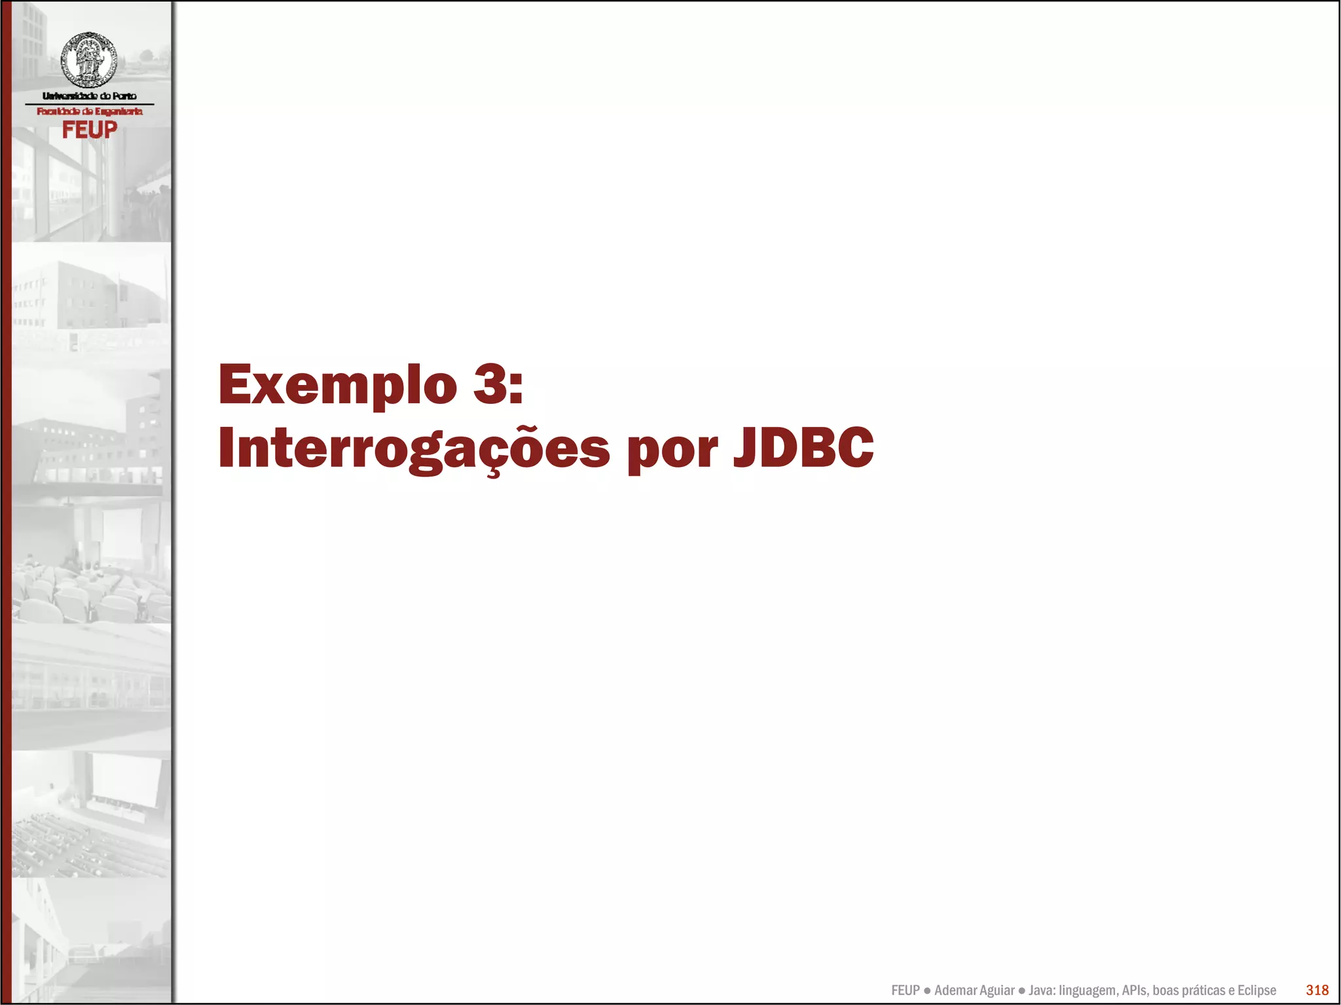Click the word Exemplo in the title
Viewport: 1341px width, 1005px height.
pyautogui.click(x=337, y=384)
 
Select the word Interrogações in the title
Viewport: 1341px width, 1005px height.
pyautogui.click(x=414, y=448)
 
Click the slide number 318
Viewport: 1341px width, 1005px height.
pyautogui.click(x=1317, y=990)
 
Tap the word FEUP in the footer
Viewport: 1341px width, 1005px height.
pyautogui.click(x=905, y=991)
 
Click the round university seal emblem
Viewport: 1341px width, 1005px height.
pyautogui.click(x=88, y=60)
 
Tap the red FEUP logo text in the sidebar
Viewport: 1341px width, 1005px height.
pyautogui.click(x=89, y=130)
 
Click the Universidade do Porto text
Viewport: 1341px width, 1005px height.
pyautogui.click(x=89, y=96)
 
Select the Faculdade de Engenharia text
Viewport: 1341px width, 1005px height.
pyautogui.click(x=89, y=111)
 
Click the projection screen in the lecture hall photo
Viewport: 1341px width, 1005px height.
pyautogui.click(x=126, y=780)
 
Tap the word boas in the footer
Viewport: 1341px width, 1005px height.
pyautogui.click(x=1166, y=991)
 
